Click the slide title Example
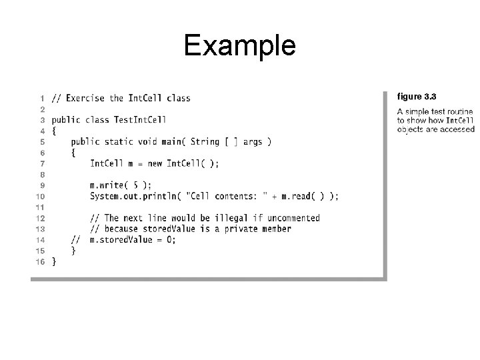click(x=239, y=46)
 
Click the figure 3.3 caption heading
click(x=417, y=97)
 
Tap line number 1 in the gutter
click(x=43, y=98)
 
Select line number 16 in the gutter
click(x=40, y=262)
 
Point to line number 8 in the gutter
click(x=43, y=175)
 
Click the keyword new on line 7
click(x=153, y=163)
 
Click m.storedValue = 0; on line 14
click(x=133, y=240)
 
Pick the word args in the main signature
click(x=253, y=141)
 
